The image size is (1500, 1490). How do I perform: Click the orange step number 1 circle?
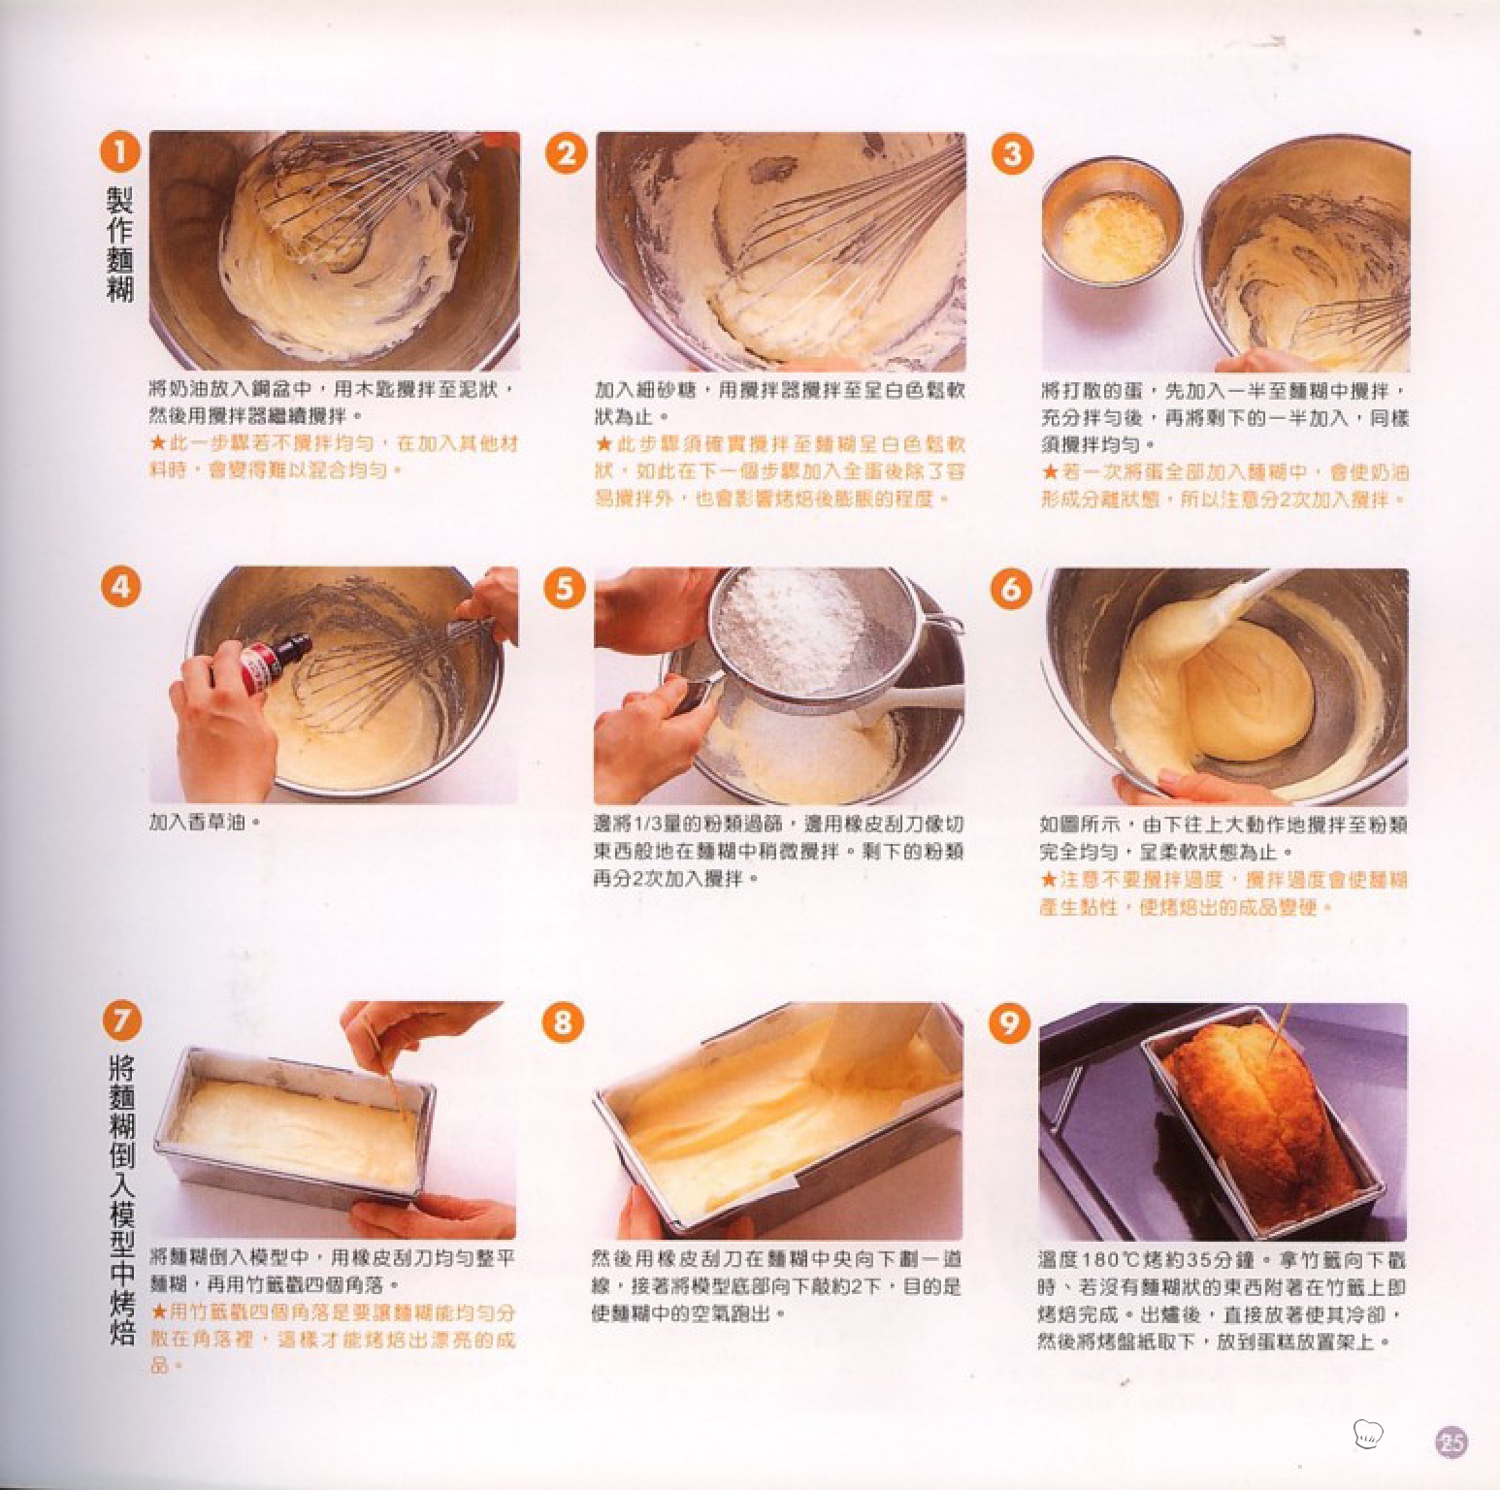click(120, 154)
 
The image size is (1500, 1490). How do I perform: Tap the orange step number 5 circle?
click(565, 589)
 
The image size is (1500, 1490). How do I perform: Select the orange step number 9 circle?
click(1009, 1022)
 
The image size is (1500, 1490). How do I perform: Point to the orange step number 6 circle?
click(1010, 589)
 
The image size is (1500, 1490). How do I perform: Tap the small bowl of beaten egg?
click(1113, 226)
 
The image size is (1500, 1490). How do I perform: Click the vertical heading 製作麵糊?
click(120, 243)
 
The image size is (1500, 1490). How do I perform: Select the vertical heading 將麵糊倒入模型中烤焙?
click(122, 1203)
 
